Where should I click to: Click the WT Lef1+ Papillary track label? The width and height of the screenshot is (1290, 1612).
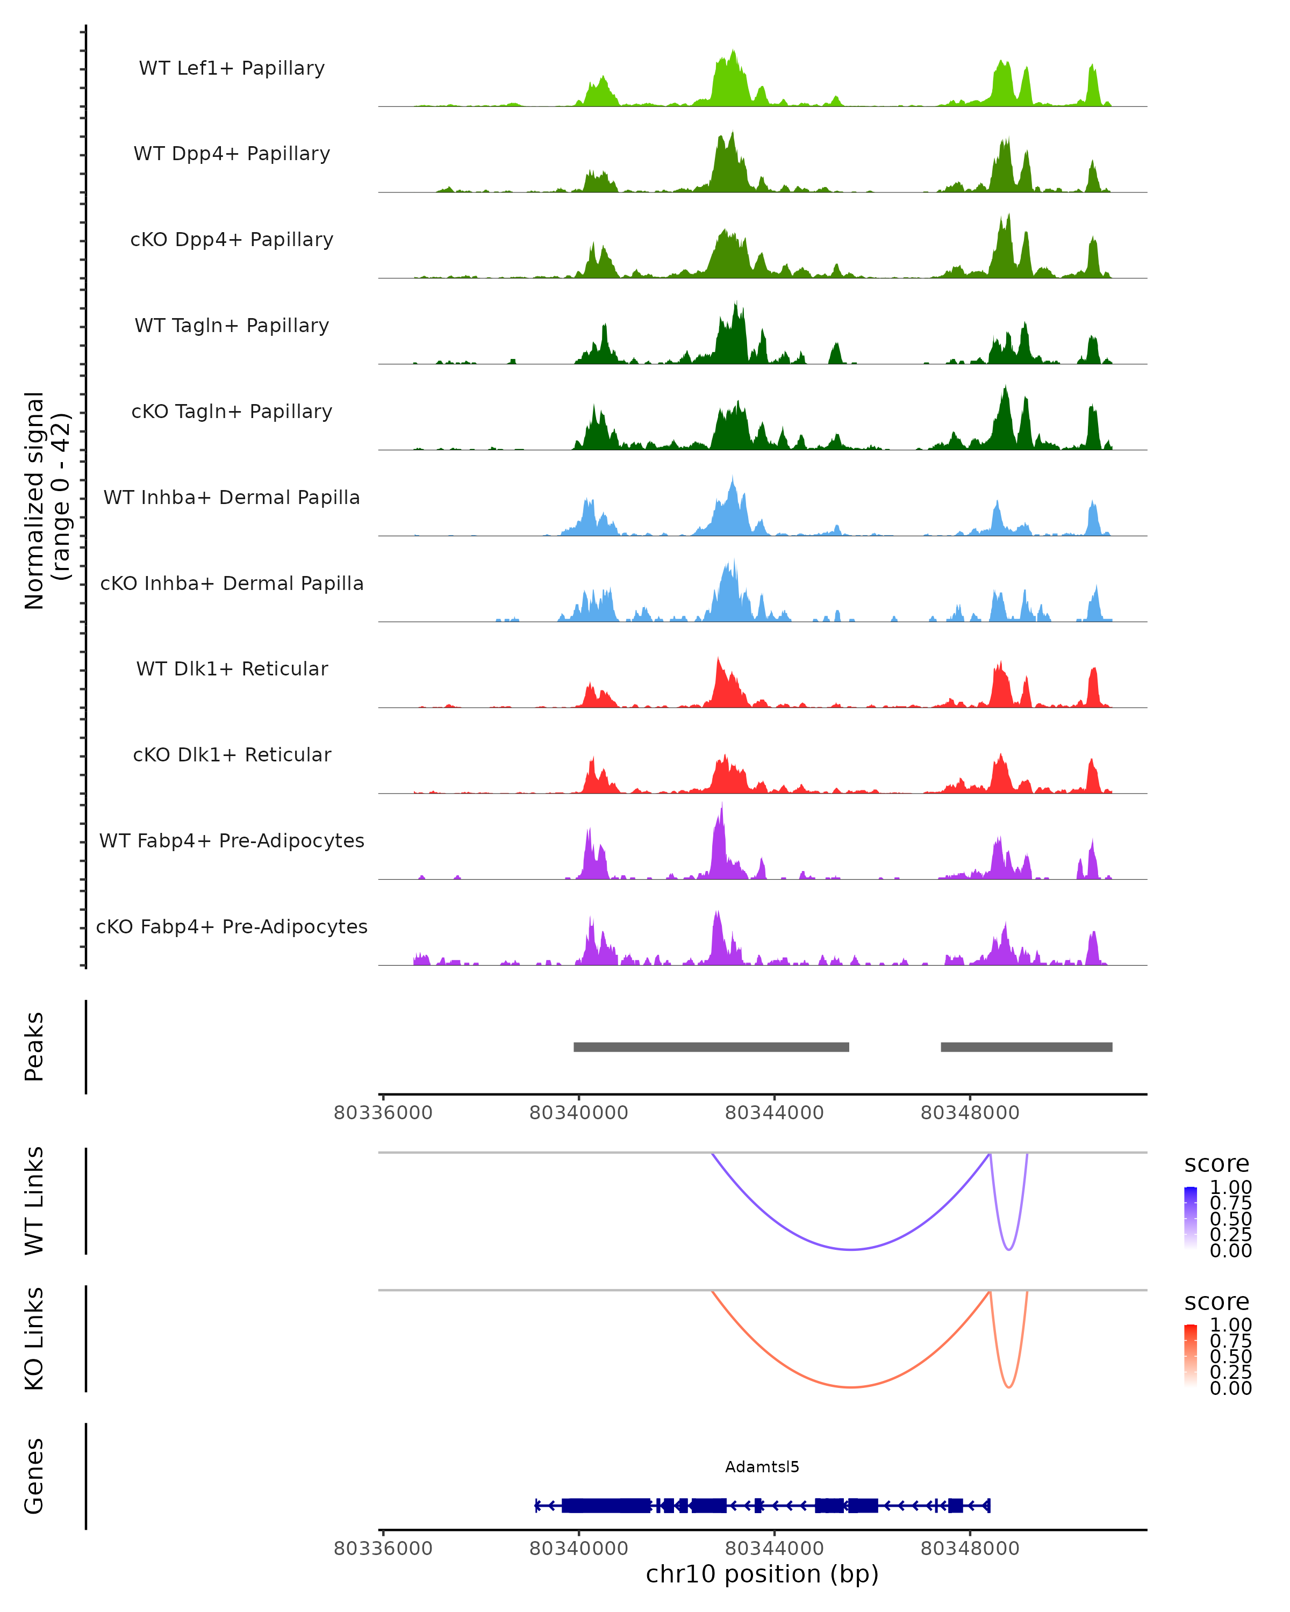232,68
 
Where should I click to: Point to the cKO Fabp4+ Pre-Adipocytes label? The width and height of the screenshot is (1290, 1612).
232,926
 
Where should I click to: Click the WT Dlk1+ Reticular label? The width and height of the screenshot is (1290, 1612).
232,668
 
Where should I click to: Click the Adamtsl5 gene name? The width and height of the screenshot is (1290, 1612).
762,1467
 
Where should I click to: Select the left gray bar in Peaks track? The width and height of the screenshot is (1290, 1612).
711,1047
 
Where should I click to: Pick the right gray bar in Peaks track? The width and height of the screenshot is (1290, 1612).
1026,1047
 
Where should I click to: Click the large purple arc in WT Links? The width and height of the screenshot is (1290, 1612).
851,1249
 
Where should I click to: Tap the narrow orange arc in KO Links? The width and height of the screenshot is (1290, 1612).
1009,1387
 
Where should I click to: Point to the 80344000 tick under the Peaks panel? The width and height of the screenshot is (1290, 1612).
774,1113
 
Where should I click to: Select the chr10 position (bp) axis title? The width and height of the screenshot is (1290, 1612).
762,1574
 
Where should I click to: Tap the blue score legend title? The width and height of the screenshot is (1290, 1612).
1217,1164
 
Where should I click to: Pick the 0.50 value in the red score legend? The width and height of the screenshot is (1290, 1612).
1230,1356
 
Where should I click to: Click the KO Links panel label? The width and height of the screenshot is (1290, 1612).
34,1338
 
